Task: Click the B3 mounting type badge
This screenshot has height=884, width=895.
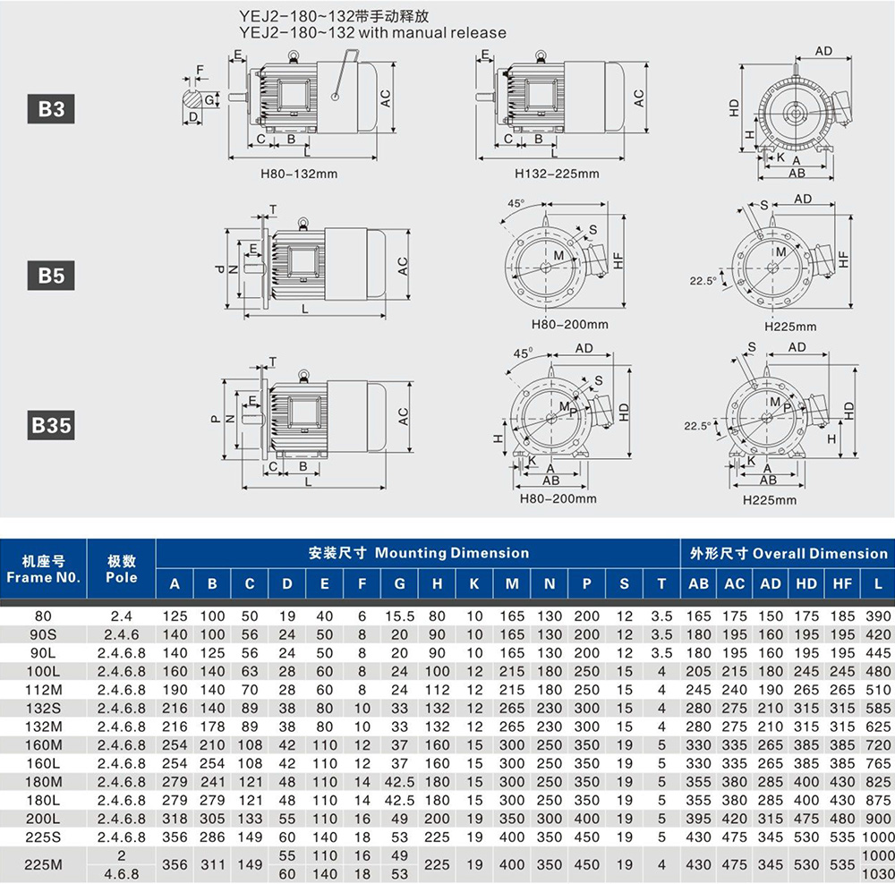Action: pos(51,108)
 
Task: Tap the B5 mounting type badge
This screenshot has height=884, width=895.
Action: pos(51,275)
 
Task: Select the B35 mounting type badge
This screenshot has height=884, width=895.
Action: pos(51,425)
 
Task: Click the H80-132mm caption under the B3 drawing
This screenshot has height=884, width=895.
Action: pos(299,174)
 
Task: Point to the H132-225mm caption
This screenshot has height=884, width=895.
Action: pos(557,174)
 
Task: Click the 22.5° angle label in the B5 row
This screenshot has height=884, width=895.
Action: pos(703,280)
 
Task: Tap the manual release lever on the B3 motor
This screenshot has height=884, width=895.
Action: pos(345,75)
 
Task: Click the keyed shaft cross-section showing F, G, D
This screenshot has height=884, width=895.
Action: pos(193,99)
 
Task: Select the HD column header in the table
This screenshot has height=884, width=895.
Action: pos(806,583)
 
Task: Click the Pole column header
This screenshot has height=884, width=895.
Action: pos(121,569)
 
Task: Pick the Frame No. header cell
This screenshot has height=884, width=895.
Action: pos(43,569)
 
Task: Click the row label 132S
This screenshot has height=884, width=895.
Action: pos(43,709)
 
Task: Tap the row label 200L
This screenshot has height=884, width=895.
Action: pos(43,819)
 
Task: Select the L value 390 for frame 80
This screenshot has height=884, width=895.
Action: pos(878,616)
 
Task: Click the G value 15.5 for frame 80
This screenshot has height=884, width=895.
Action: pos(399,616)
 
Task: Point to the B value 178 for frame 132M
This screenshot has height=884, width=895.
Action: pos(212,727)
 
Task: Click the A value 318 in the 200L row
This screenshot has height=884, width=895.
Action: pos(175,819)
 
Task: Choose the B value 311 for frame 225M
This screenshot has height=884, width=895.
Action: pos(212,864)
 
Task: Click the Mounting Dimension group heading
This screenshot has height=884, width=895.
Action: pos(418,553)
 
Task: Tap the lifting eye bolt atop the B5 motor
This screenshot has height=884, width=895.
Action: pos(303,223)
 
